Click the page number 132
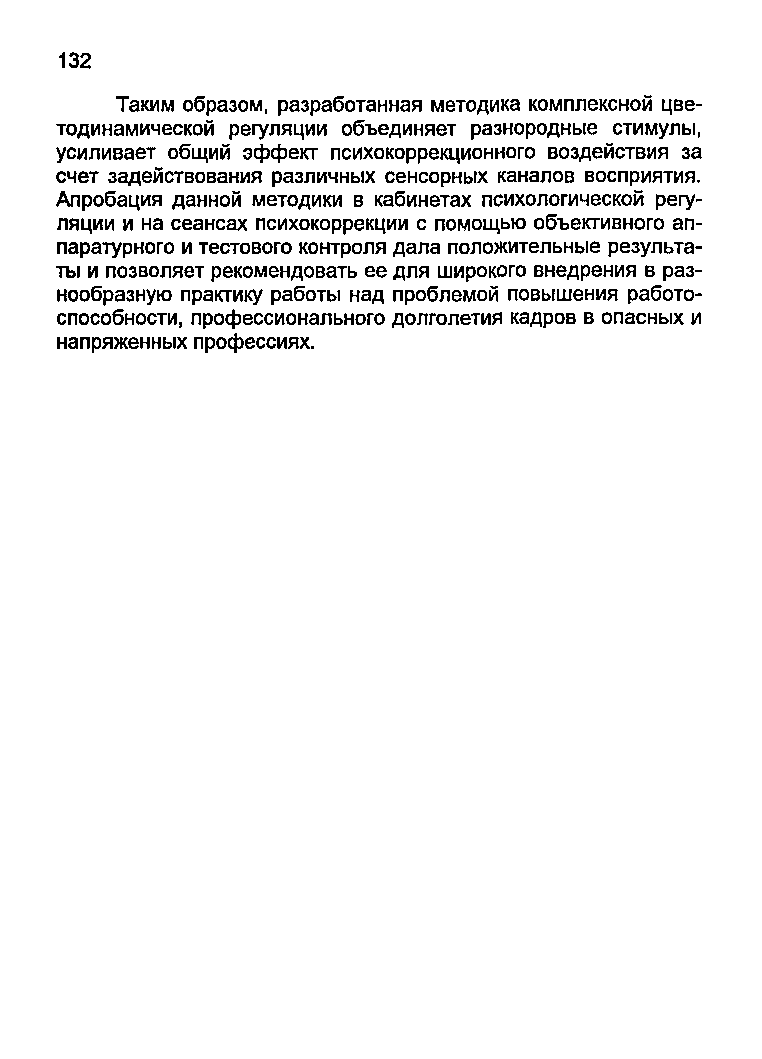click(x=75, y=61)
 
